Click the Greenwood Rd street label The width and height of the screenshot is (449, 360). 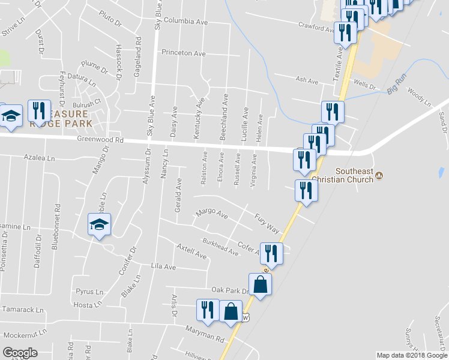coord(100,140)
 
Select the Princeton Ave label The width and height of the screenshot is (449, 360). coord(183,53)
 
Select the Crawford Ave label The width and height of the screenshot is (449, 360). coord(317,27)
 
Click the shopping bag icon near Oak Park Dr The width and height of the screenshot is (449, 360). coord(261,285)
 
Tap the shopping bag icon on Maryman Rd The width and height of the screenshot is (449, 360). coord(231,311)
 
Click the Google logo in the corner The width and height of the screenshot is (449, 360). coord(20,353)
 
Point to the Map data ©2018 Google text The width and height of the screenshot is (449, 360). coord(411,355)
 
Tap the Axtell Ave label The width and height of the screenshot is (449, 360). coord(191,251)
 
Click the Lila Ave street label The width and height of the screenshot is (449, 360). coord(163,266)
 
